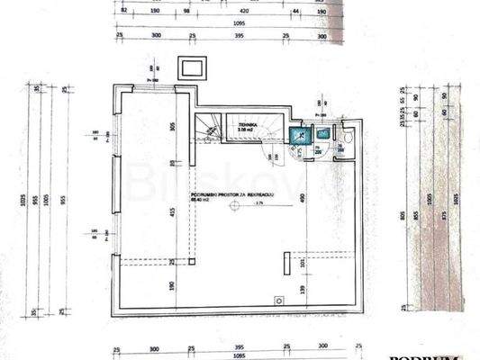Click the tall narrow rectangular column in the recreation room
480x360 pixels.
[x=285, y=263]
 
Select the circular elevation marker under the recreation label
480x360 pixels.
[x=233, y=206]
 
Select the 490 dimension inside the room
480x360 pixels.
[x=303, y=199]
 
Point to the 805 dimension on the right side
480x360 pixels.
[x=403, y=216]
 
